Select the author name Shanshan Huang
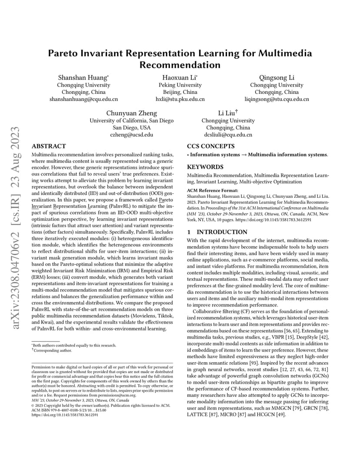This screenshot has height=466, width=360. pos(83,77)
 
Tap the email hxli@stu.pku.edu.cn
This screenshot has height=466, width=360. pos(180,99)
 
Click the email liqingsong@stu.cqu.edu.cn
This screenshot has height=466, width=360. pos(277,99)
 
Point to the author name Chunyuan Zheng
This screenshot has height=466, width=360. pos(131,113)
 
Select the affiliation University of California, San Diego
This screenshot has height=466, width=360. pos(131,121)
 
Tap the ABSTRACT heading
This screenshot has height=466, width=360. pos(49,146)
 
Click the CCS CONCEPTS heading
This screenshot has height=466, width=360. pos(210,146)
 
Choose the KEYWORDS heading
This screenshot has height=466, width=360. pos(205,167)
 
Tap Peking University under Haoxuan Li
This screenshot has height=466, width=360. pos(180,85)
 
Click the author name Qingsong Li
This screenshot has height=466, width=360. pos(277,77)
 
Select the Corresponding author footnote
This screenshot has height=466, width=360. pos(53,350)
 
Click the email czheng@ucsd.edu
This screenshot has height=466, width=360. pos(131,135)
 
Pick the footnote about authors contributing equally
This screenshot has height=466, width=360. pos(75,345)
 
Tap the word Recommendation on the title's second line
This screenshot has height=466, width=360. pos(180,65)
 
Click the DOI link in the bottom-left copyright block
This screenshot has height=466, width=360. pos(65,415)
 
